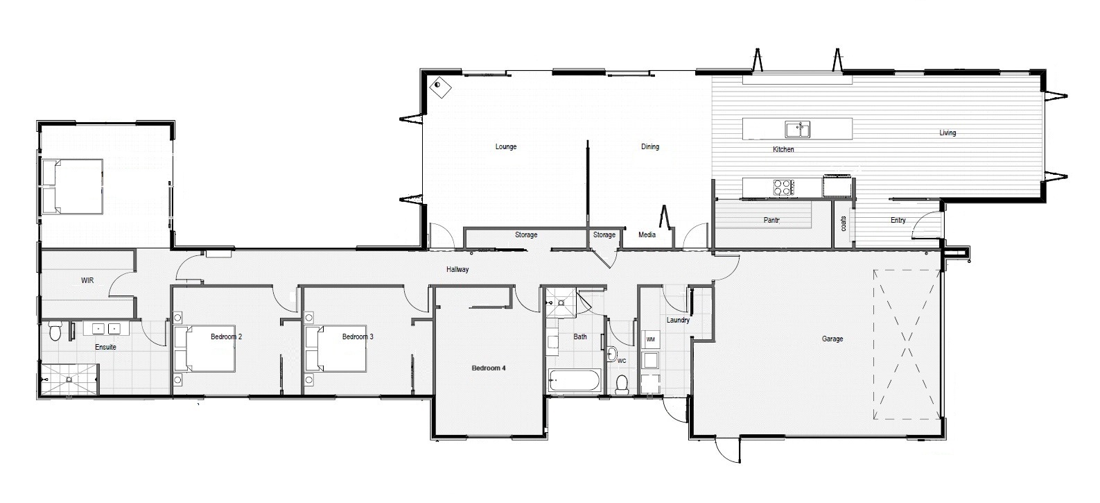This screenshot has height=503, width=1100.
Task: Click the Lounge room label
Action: coord(506,146)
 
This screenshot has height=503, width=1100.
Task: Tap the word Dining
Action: coord(649,146)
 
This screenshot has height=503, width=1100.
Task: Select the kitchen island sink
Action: coord(798,130)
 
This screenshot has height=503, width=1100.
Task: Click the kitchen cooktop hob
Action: coord(784,187)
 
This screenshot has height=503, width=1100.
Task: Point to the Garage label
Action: coord(832,339)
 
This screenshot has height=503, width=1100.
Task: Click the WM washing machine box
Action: coord(651,339)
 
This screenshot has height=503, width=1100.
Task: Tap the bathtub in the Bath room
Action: coord(574,381)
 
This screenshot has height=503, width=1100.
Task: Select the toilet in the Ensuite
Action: coord(55,330)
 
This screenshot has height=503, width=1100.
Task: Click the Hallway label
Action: coord(457,269)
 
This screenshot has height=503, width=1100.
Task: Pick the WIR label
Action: coord(87,280)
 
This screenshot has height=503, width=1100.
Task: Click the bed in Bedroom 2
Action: coord(204,348)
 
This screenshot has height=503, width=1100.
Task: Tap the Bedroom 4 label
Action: coord(489,368)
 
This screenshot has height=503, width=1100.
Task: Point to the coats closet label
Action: coord(844,223)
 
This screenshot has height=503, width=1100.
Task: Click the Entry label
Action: coord(898,220)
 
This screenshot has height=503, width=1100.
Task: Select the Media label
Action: coord(647,235)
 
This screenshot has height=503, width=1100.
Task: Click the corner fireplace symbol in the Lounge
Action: coord(440,87)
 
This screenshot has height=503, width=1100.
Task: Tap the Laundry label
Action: coord(678,320)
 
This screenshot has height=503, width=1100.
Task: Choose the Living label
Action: coord(948,133)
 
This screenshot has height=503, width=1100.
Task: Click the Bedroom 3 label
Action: coord(358,336)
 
